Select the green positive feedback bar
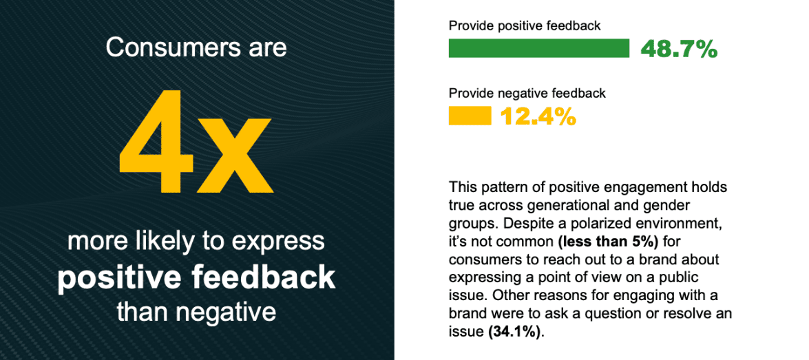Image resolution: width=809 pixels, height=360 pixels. coord(539,48)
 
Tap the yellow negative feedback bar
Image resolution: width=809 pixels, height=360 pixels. coord(470,116)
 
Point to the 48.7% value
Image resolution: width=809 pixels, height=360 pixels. coord(679,49)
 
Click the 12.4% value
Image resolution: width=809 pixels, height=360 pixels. coord(538,116)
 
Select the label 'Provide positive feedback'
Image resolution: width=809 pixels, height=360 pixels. coord(525,25)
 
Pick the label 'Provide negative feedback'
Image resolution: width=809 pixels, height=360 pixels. coord(527,94)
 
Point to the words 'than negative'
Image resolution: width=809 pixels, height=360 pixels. coord(197,313)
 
